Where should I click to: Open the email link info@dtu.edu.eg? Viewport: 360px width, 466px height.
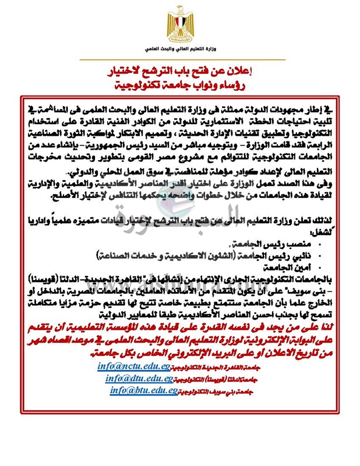click(x=139, y=378)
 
